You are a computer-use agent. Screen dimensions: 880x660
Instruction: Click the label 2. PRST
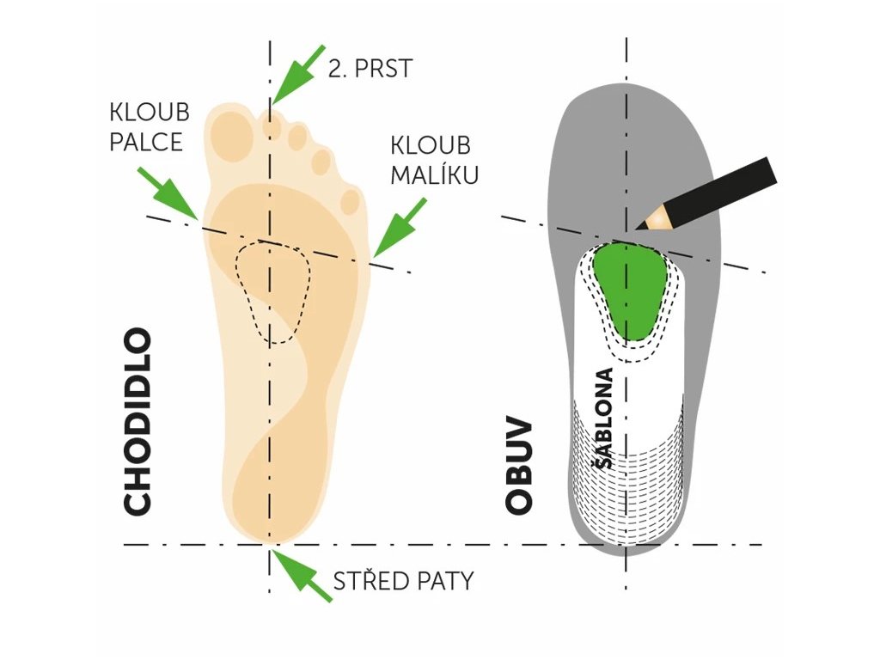[x=370, y=68]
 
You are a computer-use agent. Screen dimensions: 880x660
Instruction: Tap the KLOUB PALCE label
[x=149, y=126]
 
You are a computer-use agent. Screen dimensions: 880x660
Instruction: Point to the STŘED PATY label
[x=402, y=581]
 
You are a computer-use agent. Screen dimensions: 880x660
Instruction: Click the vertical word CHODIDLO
[x=138, y=421]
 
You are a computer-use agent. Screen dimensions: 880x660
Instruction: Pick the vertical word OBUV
[x=519, y=467]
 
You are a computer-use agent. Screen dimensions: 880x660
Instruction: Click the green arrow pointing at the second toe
[x=296, y=72]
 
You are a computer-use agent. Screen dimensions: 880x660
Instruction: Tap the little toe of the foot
[x=351, y=201]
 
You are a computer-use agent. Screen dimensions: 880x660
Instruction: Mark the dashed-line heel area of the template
[x=627, y=481]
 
